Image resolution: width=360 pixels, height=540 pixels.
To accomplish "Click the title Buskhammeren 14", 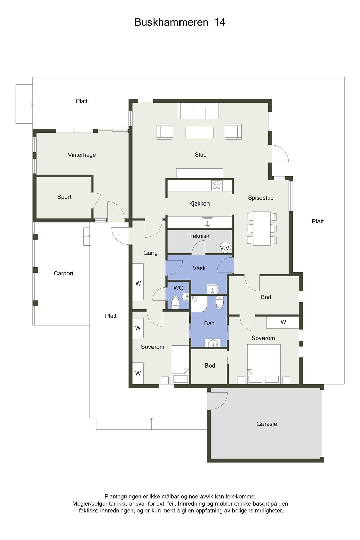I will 180,22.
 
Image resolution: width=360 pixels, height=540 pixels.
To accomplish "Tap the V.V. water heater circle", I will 225,248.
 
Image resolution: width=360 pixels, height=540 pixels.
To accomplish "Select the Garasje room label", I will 267,424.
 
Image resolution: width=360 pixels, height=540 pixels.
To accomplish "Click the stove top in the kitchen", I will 217,185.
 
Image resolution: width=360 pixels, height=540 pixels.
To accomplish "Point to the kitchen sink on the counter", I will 207,222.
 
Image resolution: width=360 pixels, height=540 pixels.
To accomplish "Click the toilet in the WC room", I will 175,303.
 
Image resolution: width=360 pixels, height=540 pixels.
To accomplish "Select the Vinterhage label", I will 82,155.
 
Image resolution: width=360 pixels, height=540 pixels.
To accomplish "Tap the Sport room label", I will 64,197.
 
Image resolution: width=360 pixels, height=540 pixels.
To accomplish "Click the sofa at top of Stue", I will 199,111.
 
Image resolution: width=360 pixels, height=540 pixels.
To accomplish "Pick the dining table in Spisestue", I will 262,228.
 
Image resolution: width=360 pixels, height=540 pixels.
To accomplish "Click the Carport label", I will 63,274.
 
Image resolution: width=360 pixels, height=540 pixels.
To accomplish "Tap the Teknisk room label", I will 199,236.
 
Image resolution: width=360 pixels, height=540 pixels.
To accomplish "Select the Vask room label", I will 199,268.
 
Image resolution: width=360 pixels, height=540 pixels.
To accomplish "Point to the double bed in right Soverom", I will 264,364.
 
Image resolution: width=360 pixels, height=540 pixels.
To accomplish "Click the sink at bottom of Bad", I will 213,343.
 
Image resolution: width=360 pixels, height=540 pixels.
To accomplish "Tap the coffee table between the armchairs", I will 199,132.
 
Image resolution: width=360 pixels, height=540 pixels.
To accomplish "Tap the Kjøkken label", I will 199,204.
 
